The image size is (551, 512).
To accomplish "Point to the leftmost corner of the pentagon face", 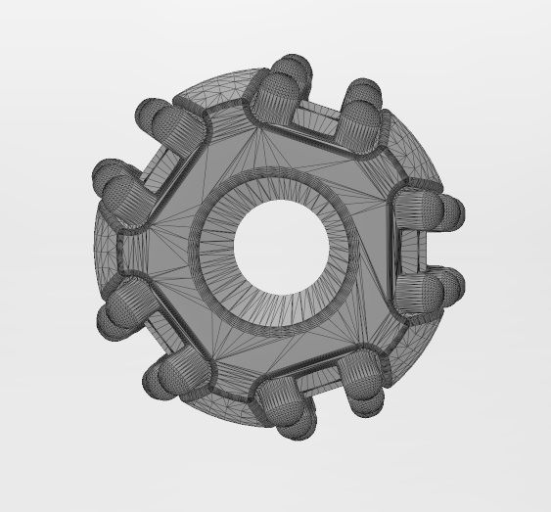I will point(121,245).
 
